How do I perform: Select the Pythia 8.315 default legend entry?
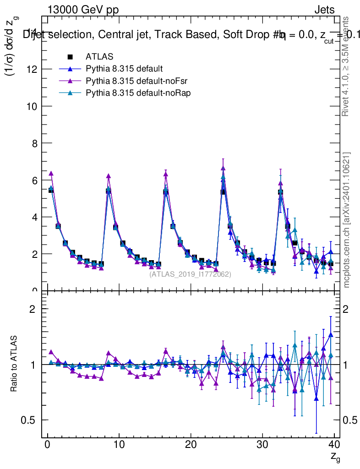point(124,69)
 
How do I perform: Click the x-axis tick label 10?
point(119,445)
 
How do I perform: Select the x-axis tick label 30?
point(262,445)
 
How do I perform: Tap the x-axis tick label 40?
point(334,445)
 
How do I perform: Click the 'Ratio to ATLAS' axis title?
point(15,364)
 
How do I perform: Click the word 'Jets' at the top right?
point(324,10)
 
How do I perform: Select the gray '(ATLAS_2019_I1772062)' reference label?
point(190,274)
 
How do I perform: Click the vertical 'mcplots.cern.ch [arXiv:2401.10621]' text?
point(347,220)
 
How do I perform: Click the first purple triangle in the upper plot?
point(51,174)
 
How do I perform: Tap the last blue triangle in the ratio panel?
point(331,335)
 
